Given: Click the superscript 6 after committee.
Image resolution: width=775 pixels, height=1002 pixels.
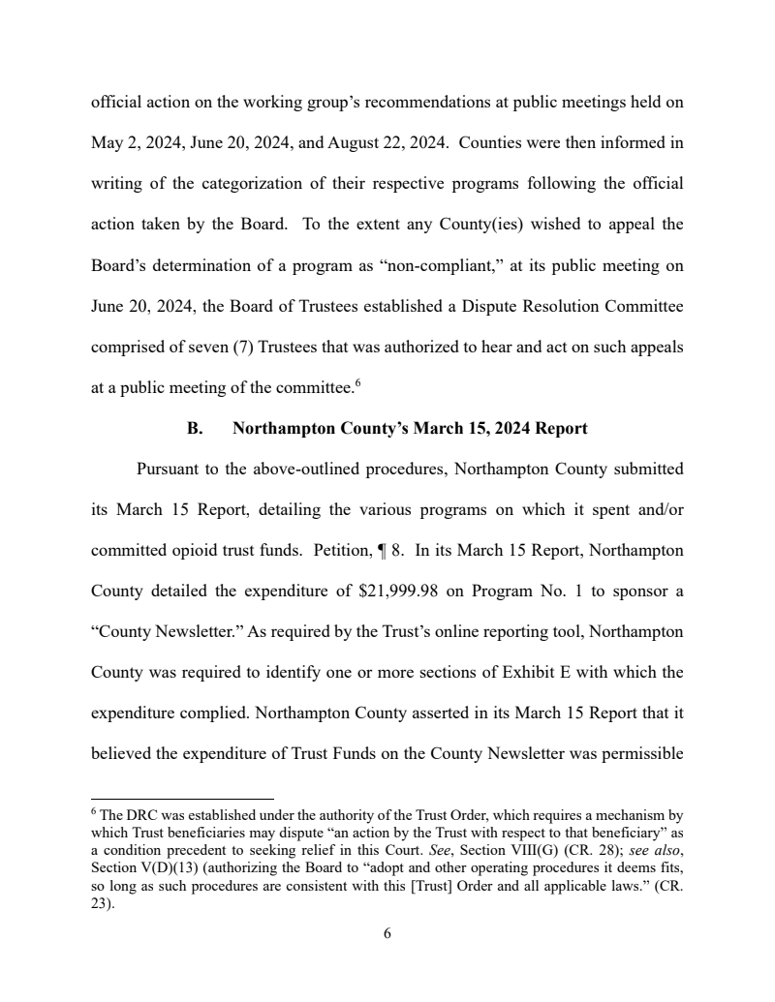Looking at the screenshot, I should click(357, 383).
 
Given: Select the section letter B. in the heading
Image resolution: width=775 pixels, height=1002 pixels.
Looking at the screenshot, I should click(194, 428).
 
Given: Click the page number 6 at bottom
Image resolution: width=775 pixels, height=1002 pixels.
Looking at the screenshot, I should click(387, 933).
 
